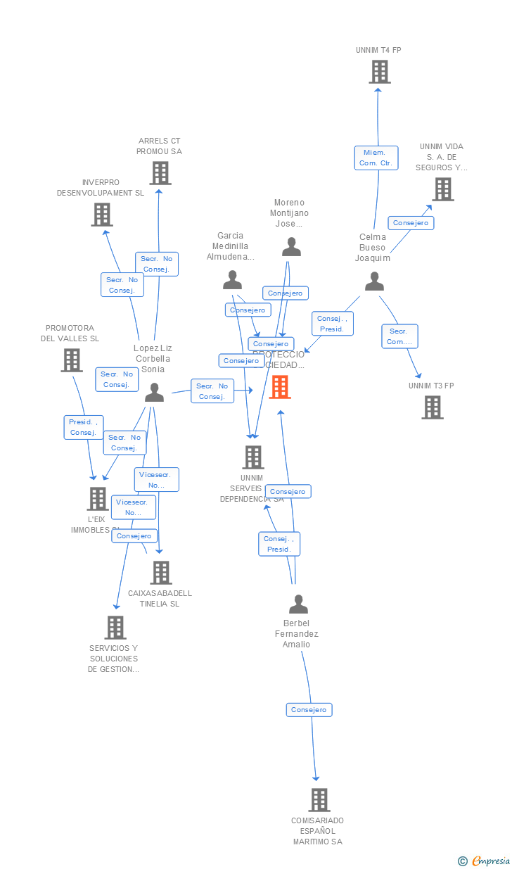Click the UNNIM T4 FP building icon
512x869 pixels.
[x=380, y=72]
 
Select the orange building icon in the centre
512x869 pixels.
[x=280, y=387]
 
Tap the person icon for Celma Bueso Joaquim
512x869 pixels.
[x=374, y=281]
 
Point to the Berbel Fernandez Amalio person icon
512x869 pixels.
[x=299, y=604]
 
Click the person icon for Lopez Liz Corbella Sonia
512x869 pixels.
[x=154, y=393]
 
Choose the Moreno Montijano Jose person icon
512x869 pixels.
[x=291, y=247]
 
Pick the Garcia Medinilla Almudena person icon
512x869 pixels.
[x=232, y=280]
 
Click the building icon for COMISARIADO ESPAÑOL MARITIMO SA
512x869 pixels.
[x=319, y=799]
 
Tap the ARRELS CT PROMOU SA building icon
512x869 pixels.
[x=160, y=173]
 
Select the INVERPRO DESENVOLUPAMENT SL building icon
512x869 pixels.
[x=102, y=215]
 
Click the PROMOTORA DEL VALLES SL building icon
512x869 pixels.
[x=72, y=360]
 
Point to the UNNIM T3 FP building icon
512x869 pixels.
[x=432, y=407]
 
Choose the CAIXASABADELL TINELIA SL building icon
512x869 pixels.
[x=161, y=572]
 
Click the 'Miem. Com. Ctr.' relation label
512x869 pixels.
[x=376, y=158]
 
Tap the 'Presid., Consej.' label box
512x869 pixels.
[x=83, y=427]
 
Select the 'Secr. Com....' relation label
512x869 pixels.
[x=399, y=336]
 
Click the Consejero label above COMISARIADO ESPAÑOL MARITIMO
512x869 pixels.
[x=309, y=710]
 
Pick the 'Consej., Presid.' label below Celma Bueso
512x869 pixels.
[x=331, y=324]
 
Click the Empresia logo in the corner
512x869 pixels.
[x=485, y=861]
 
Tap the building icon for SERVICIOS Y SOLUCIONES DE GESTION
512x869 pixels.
[x=115, y=627]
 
